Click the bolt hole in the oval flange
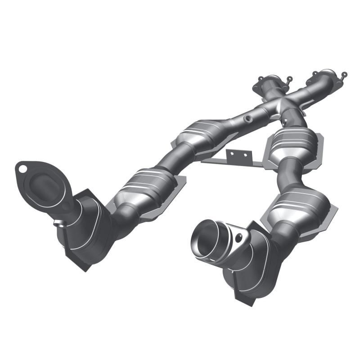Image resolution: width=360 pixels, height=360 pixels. pos(21,169)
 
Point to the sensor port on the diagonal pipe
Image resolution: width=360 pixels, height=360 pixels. pos(247,120)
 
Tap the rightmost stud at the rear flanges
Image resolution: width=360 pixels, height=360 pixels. pos(344,74)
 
